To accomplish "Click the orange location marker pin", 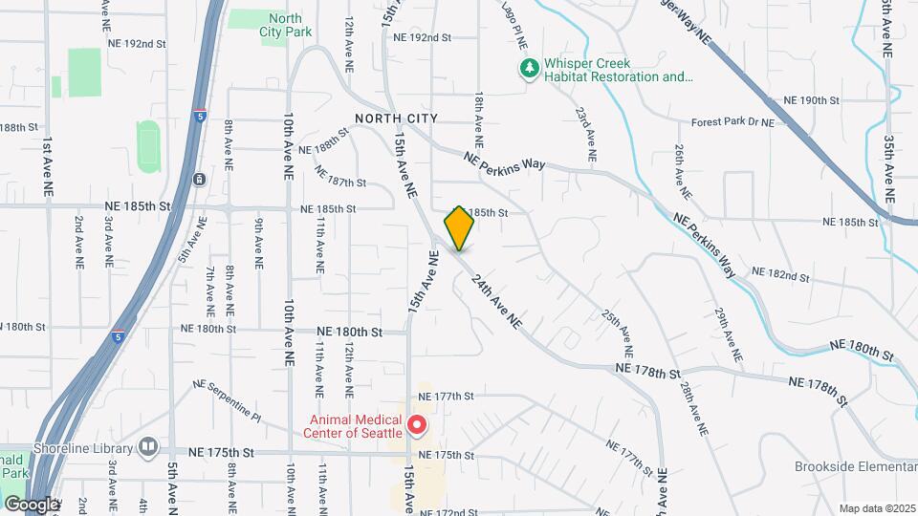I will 459,228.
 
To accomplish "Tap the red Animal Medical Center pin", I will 417,423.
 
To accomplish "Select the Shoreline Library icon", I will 148,446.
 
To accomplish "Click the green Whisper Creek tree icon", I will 528,69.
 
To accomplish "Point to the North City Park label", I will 285,25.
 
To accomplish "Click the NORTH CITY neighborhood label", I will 396,118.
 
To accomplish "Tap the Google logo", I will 31,504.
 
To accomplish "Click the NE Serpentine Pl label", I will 227,400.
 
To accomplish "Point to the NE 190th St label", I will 811,100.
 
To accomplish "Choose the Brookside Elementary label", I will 855,467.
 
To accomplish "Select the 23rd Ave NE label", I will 586,133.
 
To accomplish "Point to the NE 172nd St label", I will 446,512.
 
